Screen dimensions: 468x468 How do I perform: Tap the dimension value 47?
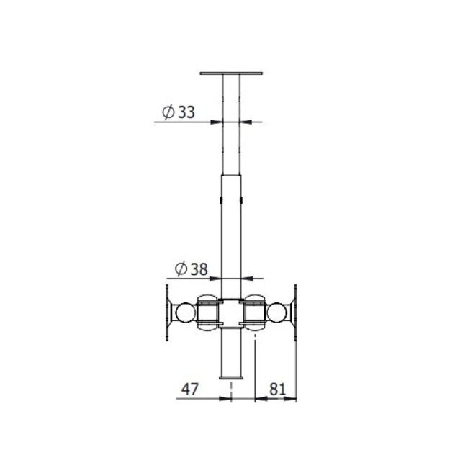pos(189,390)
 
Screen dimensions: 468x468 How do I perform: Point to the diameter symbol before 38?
pos(179,269)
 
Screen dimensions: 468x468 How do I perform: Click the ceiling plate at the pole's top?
pos(231,73)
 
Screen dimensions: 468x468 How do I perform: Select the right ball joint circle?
pos(277,312)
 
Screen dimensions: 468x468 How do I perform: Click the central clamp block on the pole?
pos(231,312)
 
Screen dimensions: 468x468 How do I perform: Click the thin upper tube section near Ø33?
pos(231,144)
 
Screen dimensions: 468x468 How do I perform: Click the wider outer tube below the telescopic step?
pos(231,230)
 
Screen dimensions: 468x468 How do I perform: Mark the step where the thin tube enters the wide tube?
pos(231,174)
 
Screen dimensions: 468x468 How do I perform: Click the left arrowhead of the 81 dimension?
pos(259,399)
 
